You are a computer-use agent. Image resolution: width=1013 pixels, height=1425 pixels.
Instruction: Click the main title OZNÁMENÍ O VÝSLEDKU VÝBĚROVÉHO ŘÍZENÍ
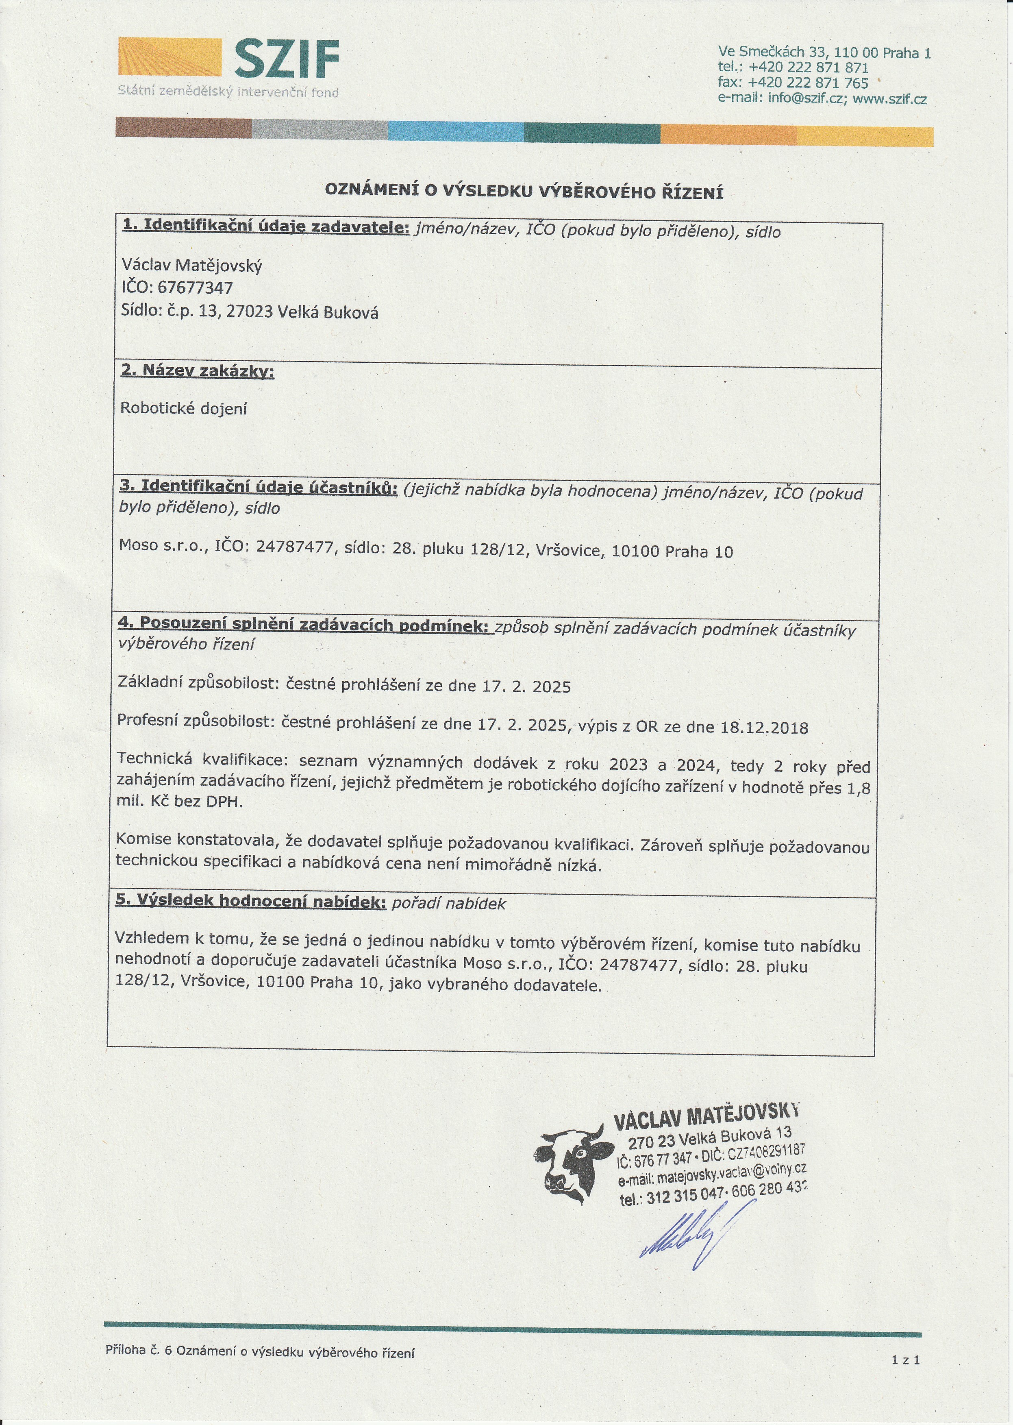[524, 192]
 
